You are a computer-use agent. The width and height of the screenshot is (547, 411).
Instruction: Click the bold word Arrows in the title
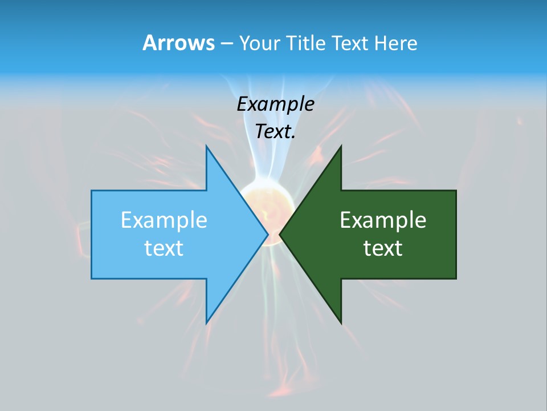[x=178, y=43]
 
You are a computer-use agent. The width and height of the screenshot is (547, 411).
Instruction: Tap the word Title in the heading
[x=306, y=43]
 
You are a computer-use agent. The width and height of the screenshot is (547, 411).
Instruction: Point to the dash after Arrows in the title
[x=226, y=43]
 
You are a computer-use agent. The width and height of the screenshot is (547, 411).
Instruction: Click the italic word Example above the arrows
[x=276, y=104]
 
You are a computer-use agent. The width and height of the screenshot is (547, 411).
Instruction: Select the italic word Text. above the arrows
[x=274, y=131]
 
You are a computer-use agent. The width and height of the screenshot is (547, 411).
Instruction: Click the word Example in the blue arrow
[x=164, y=220]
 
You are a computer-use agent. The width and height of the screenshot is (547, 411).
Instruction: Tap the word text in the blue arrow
[x=164, y=248]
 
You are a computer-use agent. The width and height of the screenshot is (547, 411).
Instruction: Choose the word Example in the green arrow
[x=383, y=220]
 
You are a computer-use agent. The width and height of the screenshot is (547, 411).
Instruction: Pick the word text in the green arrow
[x=383, y=248]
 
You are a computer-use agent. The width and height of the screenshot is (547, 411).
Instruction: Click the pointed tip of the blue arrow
[x=267, y=234]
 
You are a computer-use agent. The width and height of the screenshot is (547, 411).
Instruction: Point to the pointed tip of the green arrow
[x=280, y=234]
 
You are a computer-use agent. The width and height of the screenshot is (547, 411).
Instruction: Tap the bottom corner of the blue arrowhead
[x=207, y=323]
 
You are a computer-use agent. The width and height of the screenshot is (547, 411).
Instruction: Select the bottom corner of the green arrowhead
[x=341, y=323]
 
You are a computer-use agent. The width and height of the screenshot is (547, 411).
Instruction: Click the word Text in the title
[x=349, y=43]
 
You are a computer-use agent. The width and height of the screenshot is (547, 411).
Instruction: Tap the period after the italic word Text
[x=293, y=137]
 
